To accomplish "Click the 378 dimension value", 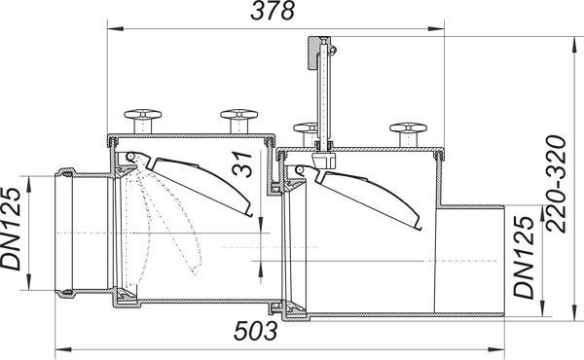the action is pyautogui.click(x=273, y=11).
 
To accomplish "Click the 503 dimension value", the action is pyautogui.click(x=255, y=331).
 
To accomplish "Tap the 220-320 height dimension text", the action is pyautogui.click(x=556, y=184).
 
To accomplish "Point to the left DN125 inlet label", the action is pyautogui.click(x=11, y=229).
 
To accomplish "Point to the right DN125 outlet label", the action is pyautogui.click(x=524, y=257).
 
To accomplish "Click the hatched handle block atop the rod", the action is pyautogui.click(x=313, y=53).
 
